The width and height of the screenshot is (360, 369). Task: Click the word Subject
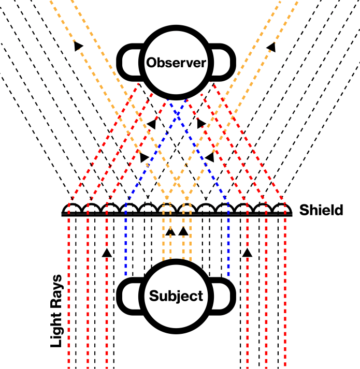tap(176, 296)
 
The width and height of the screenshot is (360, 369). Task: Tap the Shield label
tap(321, 210)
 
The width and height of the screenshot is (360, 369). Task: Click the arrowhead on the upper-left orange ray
tap(78, 46)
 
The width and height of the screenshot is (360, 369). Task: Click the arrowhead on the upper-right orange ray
tap(271, 47)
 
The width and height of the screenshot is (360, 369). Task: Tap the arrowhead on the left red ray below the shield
tap(106, 253)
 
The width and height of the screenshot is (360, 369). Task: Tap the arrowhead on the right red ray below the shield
tap(247, 253)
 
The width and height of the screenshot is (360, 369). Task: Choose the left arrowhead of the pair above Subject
tap(169, 231)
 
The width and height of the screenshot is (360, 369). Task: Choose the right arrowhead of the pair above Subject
tap(182, 231)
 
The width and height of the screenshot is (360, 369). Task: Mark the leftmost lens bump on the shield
tap(71, 208)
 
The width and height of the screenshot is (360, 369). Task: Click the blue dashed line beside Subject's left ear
tap(126, 248)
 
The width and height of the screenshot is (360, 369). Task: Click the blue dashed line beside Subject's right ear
tap(228, 248)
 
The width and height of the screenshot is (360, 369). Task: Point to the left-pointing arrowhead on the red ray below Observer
tap(151, 124)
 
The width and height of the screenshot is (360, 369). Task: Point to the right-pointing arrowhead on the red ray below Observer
tap(201, 124)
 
